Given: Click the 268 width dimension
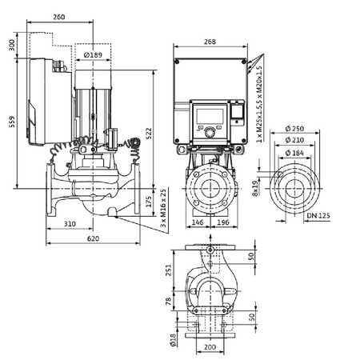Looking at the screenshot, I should (x=210, y=42).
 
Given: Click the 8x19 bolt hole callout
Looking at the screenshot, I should (x=254, y=190).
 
